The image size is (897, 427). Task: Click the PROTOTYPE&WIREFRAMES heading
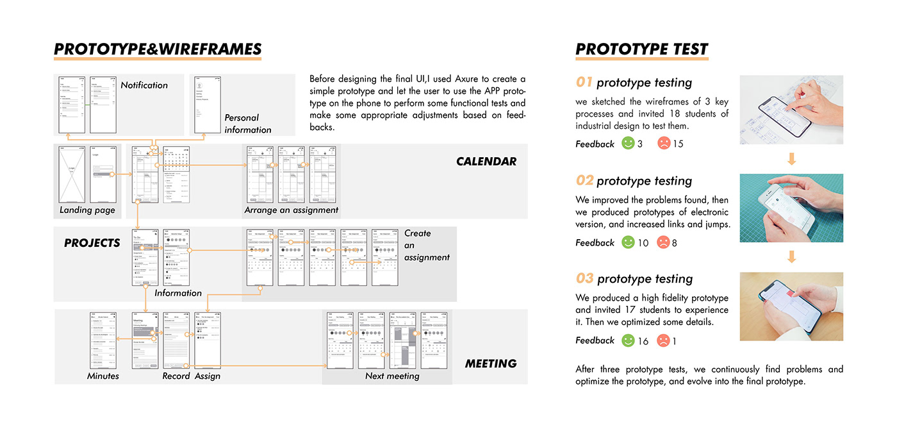click(158, 49)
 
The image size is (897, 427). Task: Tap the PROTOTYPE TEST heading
click(641, 49)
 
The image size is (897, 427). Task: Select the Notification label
click(144, 85)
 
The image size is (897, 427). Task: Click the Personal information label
click(248, 124)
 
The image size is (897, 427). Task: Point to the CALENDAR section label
click(486, 162)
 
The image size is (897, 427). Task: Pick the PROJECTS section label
click(92, 243)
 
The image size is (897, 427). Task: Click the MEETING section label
click(490, 364)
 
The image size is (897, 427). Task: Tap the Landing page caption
click(87, 210)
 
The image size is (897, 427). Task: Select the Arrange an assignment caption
click(292, 210)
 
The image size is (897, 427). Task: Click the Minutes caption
click(103, 376)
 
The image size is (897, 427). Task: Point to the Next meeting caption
click(392, 376)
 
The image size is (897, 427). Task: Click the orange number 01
click(584, 82)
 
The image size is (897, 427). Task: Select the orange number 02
click(584, 180)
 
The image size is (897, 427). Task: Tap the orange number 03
click(584, 278)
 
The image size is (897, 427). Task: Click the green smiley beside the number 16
click(629, 340)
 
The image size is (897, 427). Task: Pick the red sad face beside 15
click(664, 144)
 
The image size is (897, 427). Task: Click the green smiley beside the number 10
click(629, 242)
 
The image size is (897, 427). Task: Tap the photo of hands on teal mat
click(791, 208)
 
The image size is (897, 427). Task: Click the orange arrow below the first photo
click(791, 158)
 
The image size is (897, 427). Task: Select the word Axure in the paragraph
click(461, 79)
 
